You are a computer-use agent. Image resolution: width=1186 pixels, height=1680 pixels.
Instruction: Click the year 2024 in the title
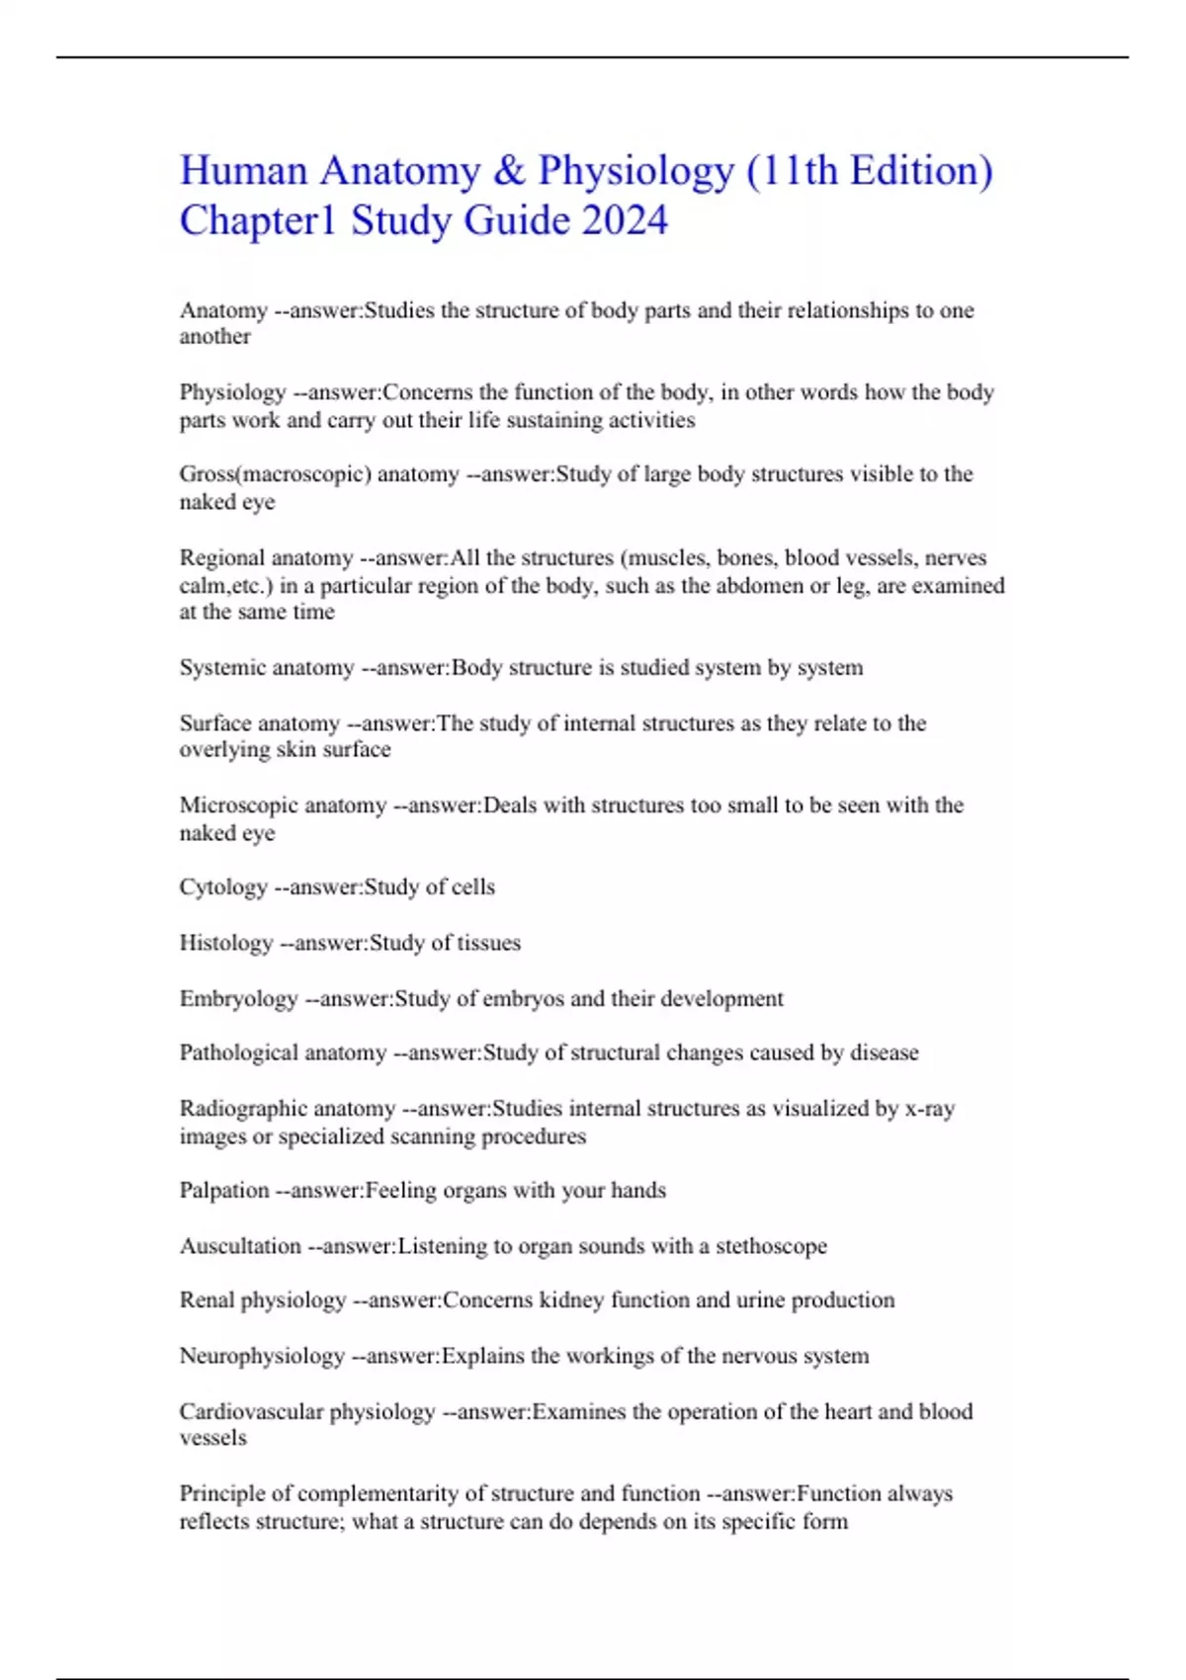[x=625, y=220]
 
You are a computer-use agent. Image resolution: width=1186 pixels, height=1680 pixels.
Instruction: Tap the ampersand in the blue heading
[x=508, y=171]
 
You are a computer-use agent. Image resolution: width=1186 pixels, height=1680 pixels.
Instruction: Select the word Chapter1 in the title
[x=258, y=220]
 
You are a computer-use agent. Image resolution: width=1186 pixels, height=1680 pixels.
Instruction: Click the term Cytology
[x=223, y=887]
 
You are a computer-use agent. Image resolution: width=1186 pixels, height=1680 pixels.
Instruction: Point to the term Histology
[x=226, y=943]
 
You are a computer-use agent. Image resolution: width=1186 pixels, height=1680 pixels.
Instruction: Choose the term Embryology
[x=238, y=999]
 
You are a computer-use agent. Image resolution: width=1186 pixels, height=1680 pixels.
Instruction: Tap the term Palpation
[x=224, y=1191]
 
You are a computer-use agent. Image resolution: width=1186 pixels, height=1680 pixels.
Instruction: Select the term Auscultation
[x=240, y=1246]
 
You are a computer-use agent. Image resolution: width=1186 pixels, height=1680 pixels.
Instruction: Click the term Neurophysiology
[x=262, y=1356]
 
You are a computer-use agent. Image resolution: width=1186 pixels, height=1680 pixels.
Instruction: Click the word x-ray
[x=929, y=1109]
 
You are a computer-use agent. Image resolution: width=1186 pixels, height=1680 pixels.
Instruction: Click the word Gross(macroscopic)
[x=276, y=474]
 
